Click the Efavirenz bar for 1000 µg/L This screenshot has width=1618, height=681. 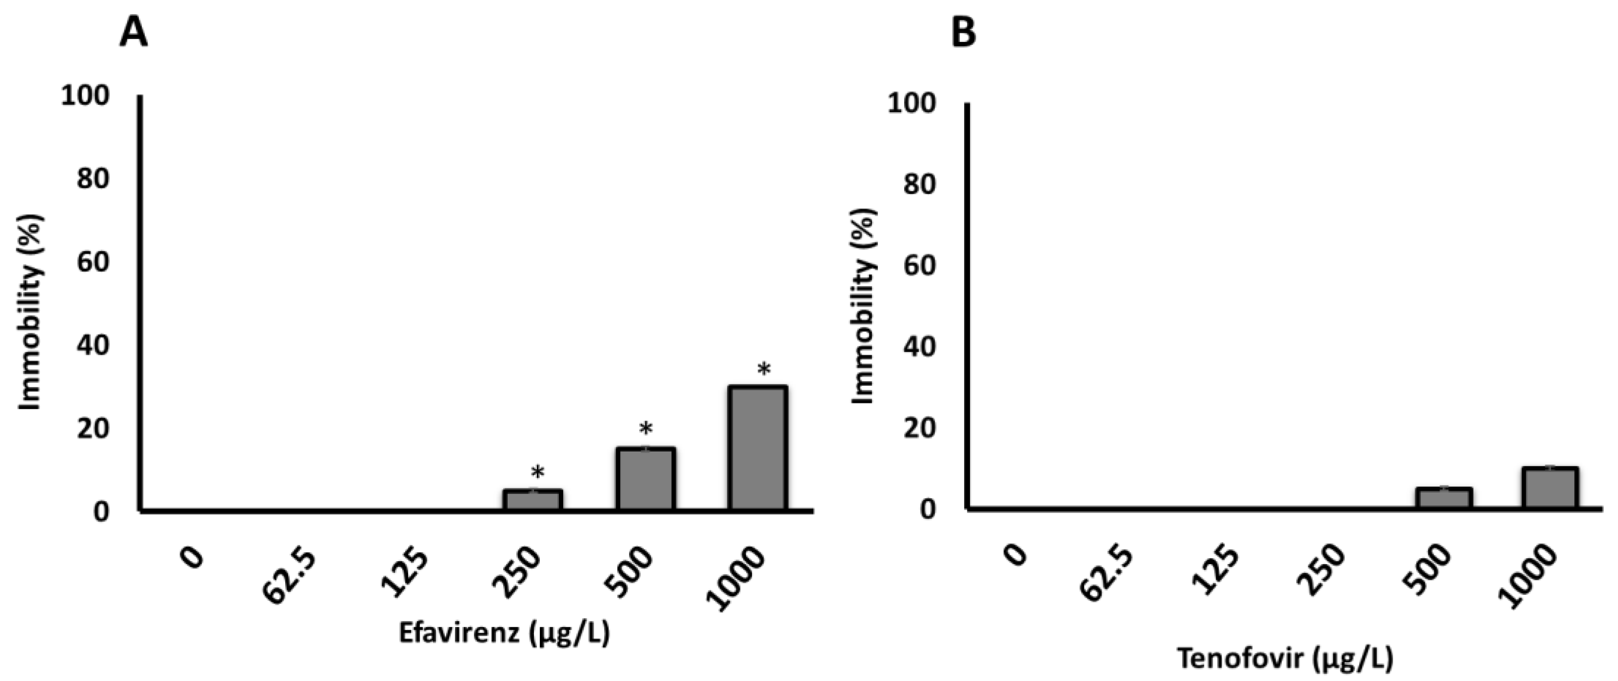757,448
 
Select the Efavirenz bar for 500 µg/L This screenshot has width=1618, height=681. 645,478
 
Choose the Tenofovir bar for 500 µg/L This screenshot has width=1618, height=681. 1443,498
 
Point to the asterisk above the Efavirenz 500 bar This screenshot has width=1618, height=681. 646,431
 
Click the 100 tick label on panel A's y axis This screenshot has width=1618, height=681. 85,96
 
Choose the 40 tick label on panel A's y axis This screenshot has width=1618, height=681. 92,346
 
